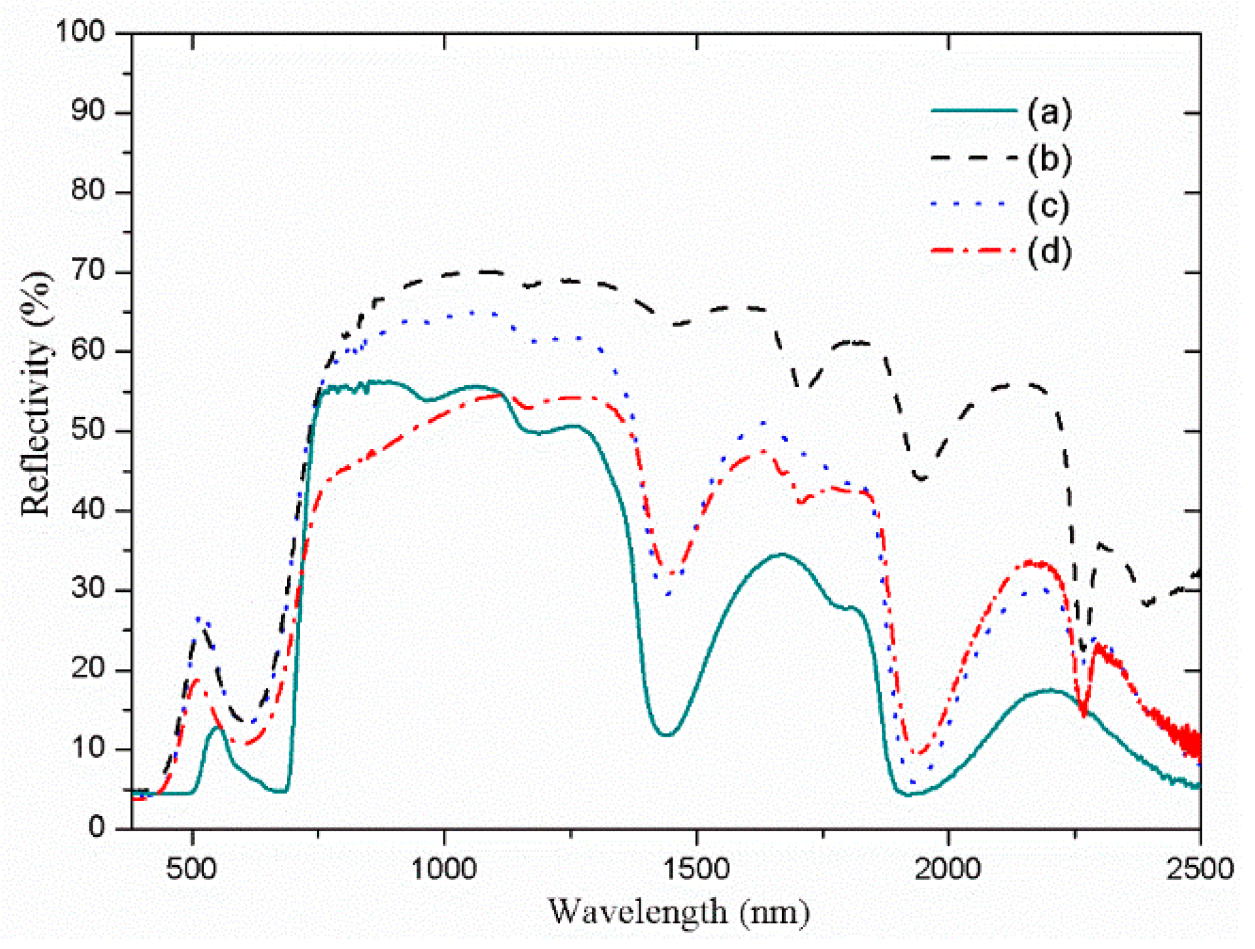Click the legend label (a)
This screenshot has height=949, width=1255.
coord(1049,112)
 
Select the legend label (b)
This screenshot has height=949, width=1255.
coord(1049,159)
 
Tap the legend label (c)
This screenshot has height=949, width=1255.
coord(1048,206)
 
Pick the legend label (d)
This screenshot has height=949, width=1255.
coord(1049,252)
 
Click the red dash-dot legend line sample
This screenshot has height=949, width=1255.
coord(974,251)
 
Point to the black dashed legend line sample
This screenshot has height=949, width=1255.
coord(974,158)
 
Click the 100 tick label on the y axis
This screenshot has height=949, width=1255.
coord(80,31)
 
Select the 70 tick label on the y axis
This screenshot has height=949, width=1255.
coord(88,272)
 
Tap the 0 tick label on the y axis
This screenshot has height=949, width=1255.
coord(97,827)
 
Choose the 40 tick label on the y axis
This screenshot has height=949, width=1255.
coord(88,510)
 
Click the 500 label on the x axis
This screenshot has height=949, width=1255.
coord(192,869)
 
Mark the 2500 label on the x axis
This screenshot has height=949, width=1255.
coord(1199,869)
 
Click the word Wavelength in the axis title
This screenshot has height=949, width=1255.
coord(638,912)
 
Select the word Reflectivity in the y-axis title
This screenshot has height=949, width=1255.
coord(36,426)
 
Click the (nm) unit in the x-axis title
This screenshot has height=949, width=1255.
coord(775,913)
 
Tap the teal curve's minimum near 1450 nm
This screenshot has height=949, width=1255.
coord(666,735)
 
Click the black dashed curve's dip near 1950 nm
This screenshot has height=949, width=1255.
coord(921,478)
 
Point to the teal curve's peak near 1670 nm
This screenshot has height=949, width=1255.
coord(781,554)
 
